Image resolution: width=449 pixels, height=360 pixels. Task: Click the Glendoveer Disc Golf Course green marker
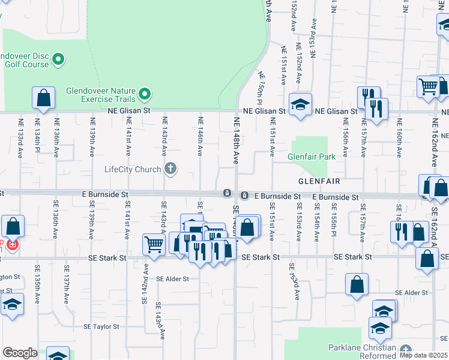58,59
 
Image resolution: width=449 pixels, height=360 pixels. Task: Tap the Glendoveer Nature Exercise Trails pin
144,94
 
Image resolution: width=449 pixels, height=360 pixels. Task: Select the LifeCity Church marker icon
170,169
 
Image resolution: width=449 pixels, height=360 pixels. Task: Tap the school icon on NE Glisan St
300,104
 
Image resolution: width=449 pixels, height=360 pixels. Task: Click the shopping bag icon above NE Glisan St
43,98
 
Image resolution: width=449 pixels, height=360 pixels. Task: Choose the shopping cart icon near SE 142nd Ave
154,244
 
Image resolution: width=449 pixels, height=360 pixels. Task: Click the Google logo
20,353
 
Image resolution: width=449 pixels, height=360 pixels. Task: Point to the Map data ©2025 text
423,355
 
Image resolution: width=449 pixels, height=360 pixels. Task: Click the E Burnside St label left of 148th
106,195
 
